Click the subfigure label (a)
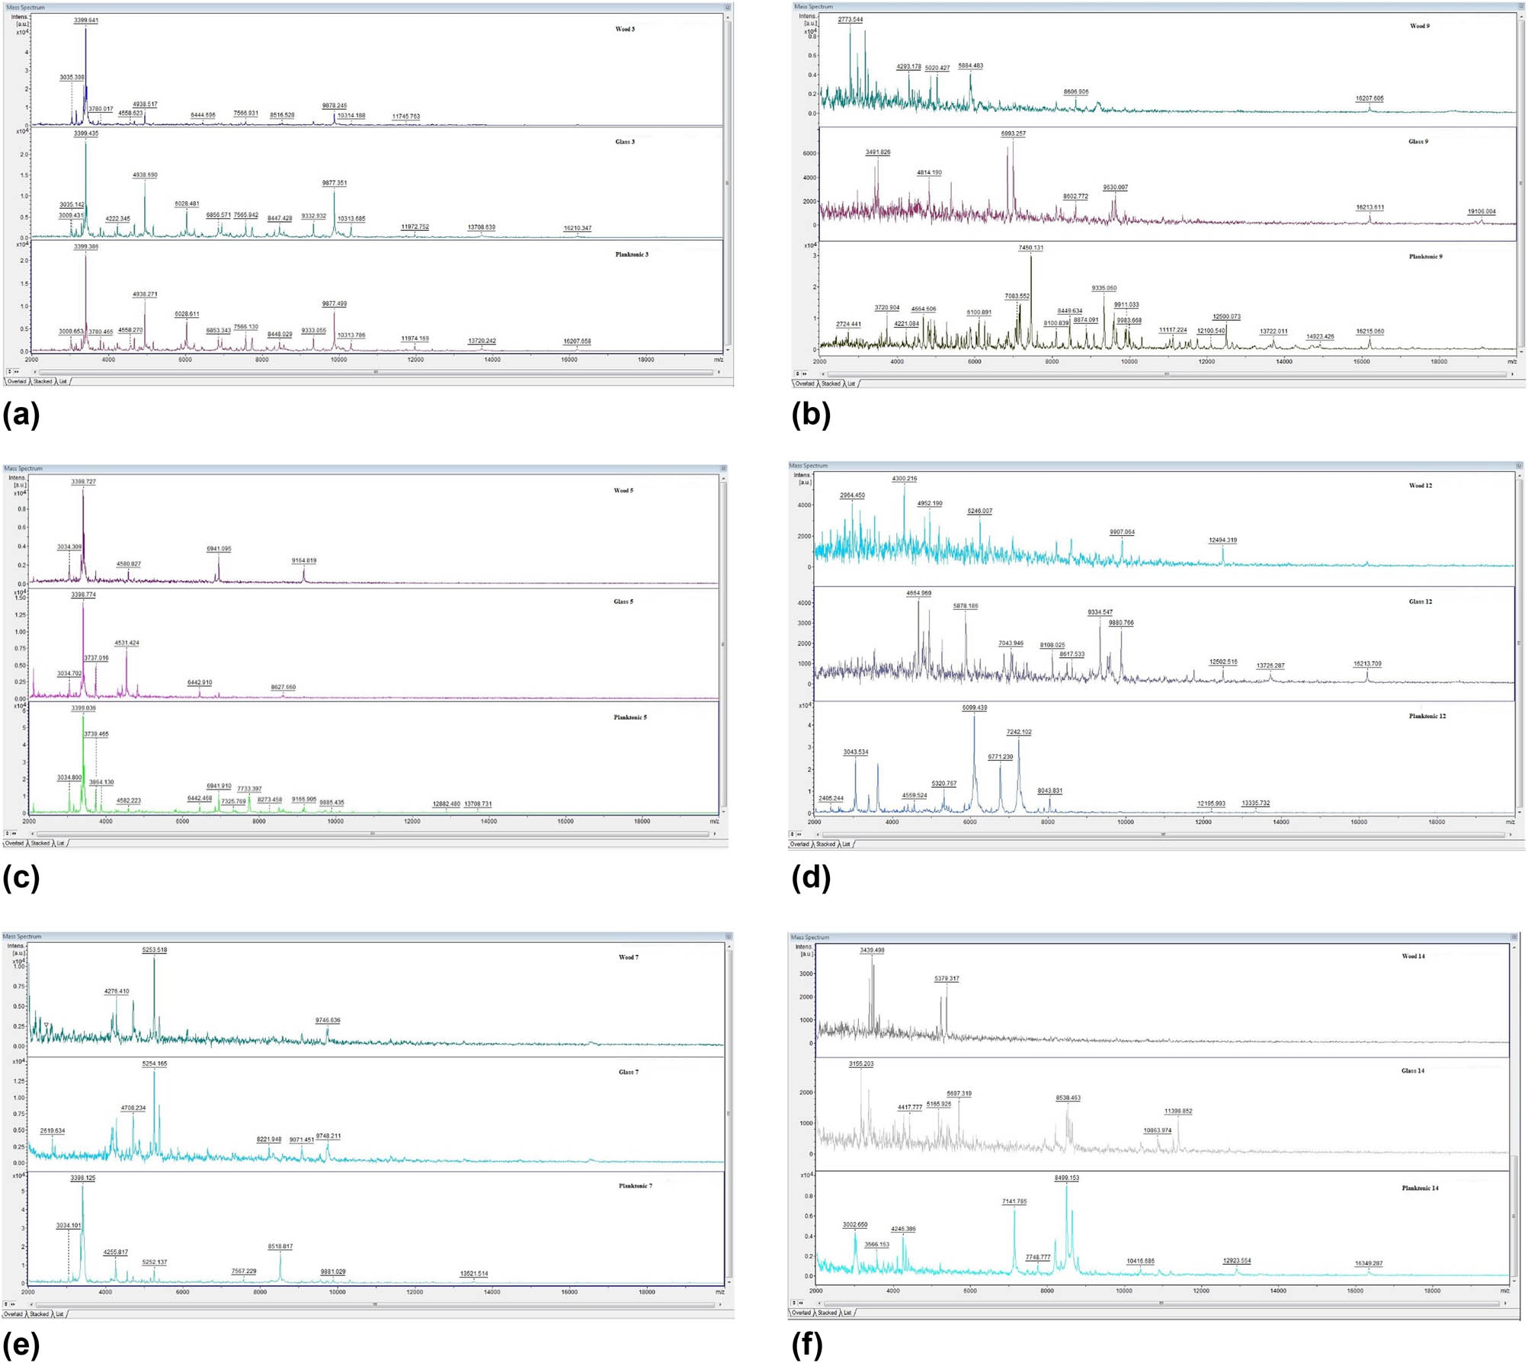tap(21, 416)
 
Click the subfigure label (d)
tap(811, 877)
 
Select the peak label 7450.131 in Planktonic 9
tap(1030, 248)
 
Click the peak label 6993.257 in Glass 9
tap(1013, 133)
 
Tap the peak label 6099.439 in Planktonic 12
tap(974, 707)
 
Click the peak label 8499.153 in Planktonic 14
tap(1066, 1178)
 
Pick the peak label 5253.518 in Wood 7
tap(154, 950)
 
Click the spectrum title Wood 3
tap(625, 29)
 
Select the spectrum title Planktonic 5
tap(629, 717)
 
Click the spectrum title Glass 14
tap(1412, 1070)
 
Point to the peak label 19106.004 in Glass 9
tap(1481, 212)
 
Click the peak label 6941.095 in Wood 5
tap(219, 549)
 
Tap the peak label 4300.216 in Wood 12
tap(904, 479)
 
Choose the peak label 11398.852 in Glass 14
tap(1177, 1111)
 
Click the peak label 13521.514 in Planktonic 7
tap(474, 1274)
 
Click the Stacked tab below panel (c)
tap(40, 843)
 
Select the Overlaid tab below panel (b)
tap(804, 383)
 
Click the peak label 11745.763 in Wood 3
tap(405, 117)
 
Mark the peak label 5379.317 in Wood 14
tap(947, 979)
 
